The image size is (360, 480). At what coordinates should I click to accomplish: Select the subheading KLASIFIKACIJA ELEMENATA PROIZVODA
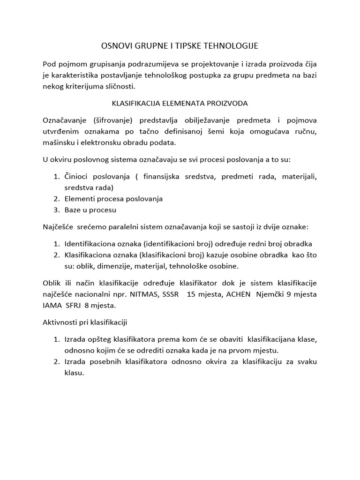tap(180, 103)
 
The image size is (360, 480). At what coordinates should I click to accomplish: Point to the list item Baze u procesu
tap(90, 210)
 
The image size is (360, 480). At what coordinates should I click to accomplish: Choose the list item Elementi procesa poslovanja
tap(113, 199)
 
